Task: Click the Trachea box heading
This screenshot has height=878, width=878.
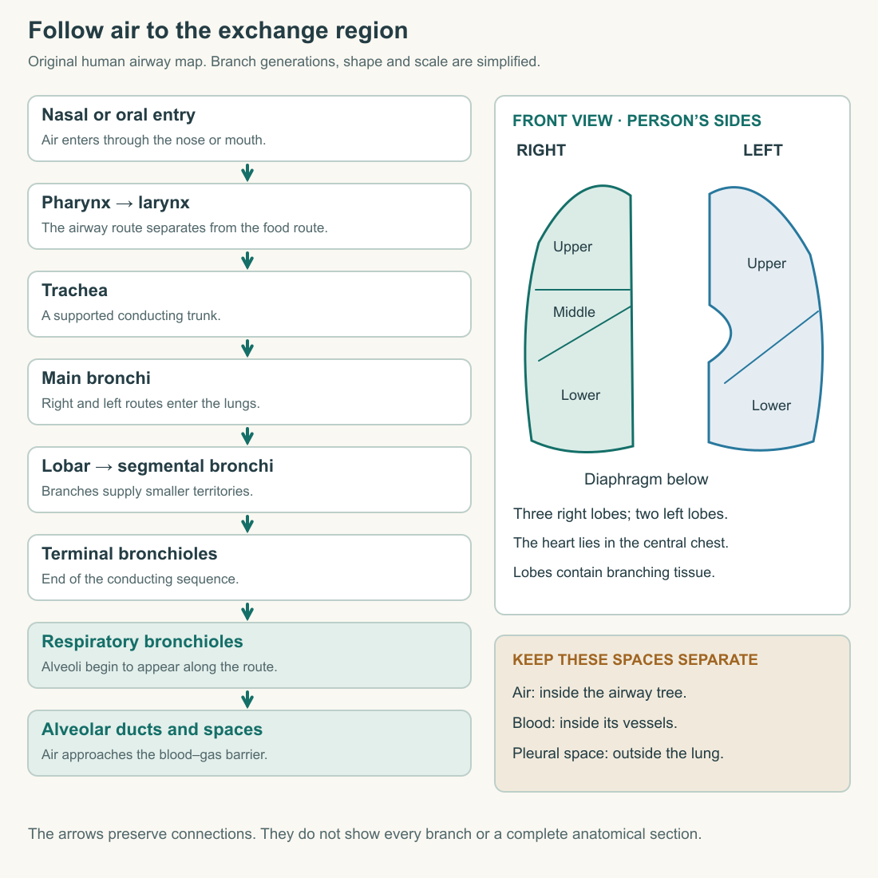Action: coord(74,290)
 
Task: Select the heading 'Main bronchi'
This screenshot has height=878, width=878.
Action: coord(97,378)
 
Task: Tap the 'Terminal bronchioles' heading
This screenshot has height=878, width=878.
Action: coord(129,554)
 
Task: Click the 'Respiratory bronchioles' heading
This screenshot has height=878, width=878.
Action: coord(142,642)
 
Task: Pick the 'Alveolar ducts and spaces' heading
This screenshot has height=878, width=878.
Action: coord(152,730)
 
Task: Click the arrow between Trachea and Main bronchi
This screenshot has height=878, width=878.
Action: coord(247,348)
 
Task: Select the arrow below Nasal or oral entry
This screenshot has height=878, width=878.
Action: coord(247,172)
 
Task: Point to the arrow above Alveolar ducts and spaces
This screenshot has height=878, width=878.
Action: coord(247,699)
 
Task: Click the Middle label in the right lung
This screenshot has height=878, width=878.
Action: coord(574,312)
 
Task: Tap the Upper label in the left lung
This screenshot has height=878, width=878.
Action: coord(766,263)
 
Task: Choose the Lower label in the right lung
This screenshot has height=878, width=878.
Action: coord(580,395)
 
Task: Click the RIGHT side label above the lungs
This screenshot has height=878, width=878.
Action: coord(541,150)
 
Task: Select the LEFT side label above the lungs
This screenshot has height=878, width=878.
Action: coord(762,150)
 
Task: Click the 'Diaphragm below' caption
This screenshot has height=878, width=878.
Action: coord(647,480)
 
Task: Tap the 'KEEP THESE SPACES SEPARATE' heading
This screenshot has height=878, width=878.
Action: coord(635,659)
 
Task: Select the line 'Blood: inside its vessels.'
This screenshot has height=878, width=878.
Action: coord(595,723)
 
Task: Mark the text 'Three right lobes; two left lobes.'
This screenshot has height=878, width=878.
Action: coord(620,514)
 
